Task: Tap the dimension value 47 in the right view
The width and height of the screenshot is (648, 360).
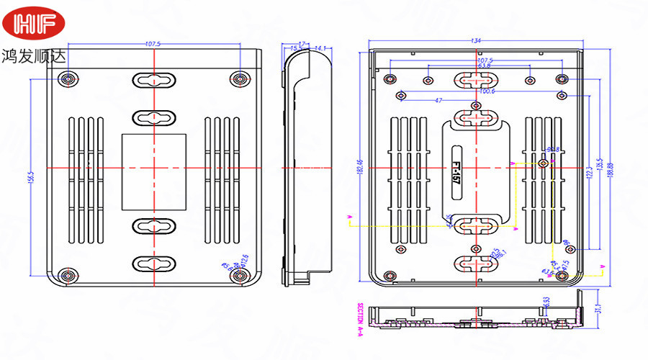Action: tap(438, 100)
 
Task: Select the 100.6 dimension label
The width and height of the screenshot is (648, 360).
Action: tap(487, 91)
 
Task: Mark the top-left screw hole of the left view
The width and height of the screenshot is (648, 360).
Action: tap(68, 78)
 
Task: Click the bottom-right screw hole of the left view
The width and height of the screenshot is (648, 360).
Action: tap(240, 276)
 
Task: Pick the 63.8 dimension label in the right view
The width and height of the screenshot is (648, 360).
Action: tap(485, 66)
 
